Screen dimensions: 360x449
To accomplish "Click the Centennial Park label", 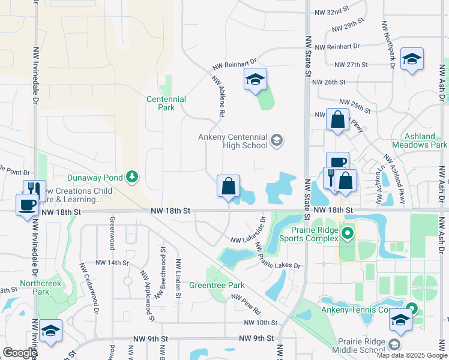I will pyautogui.click(x=166, y=103).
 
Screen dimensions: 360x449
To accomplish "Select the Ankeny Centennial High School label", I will pyautogui.click(x=233, y=141).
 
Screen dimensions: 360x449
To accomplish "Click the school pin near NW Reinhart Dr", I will pyautogui.click(x=255, y=80).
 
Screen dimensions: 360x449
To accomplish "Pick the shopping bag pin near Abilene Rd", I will pyautogui.click(x=228, y=187).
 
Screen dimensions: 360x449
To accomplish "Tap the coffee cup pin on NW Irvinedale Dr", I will pyautogui.click(x=27, y=205).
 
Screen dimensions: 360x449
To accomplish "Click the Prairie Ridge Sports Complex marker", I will pyautogui.click(x=346, y=232).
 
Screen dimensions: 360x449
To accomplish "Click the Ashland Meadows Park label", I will pyautogui.click(x=420, y=140).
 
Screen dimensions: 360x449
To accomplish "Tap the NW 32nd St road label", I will pyautogui.click(x=331, y=11).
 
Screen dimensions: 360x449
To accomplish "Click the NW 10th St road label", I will pyautogui.click(x=261, y=323).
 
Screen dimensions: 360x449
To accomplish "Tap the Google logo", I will pyautogui.click(x=19, y=353).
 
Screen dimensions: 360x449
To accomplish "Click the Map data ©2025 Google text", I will pyautogui.click(x=411, y=355).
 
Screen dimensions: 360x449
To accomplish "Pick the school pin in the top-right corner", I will pyautogui.click(x=412, y=59).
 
